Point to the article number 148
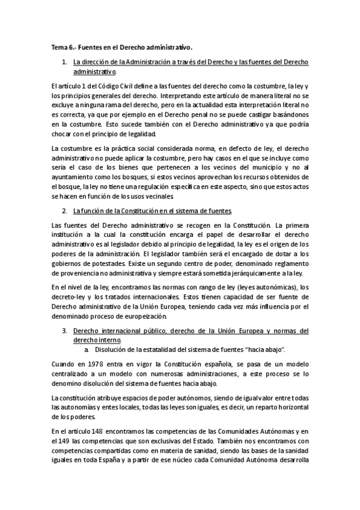pos(99,431)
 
